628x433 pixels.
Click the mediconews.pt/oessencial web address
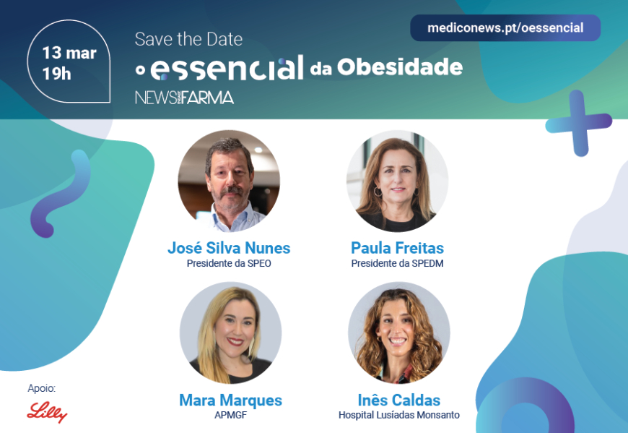505,28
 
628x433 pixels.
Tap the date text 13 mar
69,53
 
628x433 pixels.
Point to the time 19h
56,74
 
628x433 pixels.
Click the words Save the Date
188,39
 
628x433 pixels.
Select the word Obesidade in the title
400,67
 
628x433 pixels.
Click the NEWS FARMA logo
184,98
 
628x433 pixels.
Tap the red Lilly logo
47,412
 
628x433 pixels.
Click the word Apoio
42,388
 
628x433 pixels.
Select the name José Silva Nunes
229,248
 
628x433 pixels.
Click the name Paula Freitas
397,248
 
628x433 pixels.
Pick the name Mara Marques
230,400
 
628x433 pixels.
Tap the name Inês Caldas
399,400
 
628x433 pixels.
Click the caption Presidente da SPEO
229,263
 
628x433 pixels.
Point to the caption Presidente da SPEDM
397,263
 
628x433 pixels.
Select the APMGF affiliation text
230,415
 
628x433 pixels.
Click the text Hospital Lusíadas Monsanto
399,415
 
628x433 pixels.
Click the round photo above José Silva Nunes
229,181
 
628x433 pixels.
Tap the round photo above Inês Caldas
399,333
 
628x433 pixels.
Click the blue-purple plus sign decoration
578,123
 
